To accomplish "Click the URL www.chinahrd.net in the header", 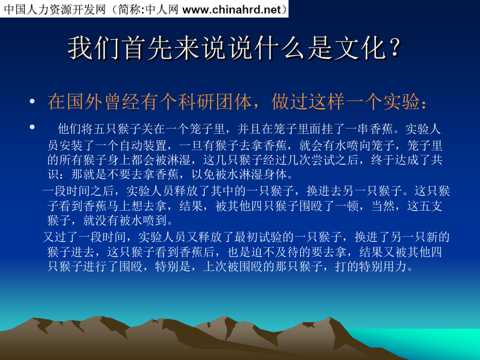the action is [x=231, y=9].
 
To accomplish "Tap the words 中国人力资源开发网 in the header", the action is [x=54, y=9].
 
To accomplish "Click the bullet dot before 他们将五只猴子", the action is [x=32, y=126].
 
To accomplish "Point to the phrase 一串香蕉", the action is [x=369, y=129].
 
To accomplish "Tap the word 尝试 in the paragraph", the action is [x=323, y=160].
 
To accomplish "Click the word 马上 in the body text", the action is [x=119, y=206].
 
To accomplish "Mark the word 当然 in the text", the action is [x=382, y=206].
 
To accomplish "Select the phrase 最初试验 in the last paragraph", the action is [x=258, y=237].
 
